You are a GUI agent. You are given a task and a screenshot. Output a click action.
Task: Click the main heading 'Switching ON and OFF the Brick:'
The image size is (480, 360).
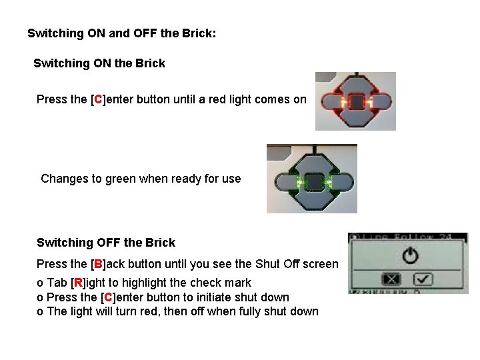(122, 33)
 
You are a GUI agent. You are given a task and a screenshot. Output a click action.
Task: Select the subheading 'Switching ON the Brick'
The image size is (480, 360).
(99, 63)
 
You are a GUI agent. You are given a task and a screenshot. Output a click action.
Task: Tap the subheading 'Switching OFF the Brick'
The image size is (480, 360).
(106, 243)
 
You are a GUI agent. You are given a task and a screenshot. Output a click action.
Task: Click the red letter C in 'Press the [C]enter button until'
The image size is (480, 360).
(98, 99)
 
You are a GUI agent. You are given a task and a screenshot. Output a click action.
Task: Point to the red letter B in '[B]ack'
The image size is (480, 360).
(98, 264)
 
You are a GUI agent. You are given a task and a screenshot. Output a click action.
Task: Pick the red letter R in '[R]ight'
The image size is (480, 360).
(79, 283)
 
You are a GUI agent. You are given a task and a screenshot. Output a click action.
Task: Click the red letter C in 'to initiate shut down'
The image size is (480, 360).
(109, 297)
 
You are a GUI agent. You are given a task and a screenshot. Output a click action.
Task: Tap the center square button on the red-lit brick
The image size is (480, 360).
(356, 102)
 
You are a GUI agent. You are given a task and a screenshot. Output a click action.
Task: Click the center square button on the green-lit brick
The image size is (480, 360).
(313, 182)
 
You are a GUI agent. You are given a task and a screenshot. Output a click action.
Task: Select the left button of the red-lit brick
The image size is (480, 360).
(332, 102)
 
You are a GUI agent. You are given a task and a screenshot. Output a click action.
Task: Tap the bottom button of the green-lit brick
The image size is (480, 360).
(313, 199)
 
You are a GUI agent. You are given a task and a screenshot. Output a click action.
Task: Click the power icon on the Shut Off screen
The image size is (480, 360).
(410, 256)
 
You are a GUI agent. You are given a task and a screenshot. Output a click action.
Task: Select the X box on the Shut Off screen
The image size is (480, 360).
(391, 279)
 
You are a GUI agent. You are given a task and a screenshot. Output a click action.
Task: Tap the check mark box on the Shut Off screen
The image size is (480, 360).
(423, 279)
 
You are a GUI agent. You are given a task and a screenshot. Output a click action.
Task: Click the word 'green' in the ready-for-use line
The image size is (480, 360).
(120, 179)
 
